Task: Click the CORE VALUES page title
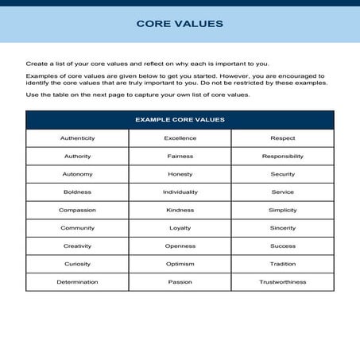[x=180, y=23]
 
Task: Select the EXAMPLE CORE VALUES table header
[x=180, y=120]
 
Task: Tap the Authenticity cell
[x=77, y=138]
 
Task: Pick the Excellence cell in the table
[x=180, y=138]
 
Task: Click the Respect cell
[x=283, y=138]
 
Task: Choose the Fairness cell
[x=180, y=157]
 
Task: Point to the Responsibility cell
[x=283, y=157]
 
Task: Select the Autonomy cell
[x=77, y=174]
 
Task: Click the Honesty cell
[x=180, y=174]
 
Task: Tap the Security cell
[x=283, y=174]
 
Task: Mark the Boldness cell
[x=77, y=192]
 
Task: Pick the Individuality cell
[x=180, y=192]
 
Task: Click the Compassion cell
[x=77, y=211]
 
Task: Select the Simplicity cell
[x=283, y=211]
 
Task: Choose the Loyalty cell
[x=180, y=228]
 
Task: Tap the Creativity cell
[x=77, y=246]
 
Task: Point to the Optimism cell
[x=180, y=264]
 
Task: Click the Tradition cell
[x=283, y=264]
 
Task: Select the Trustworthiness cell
[x=283, y=282]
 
